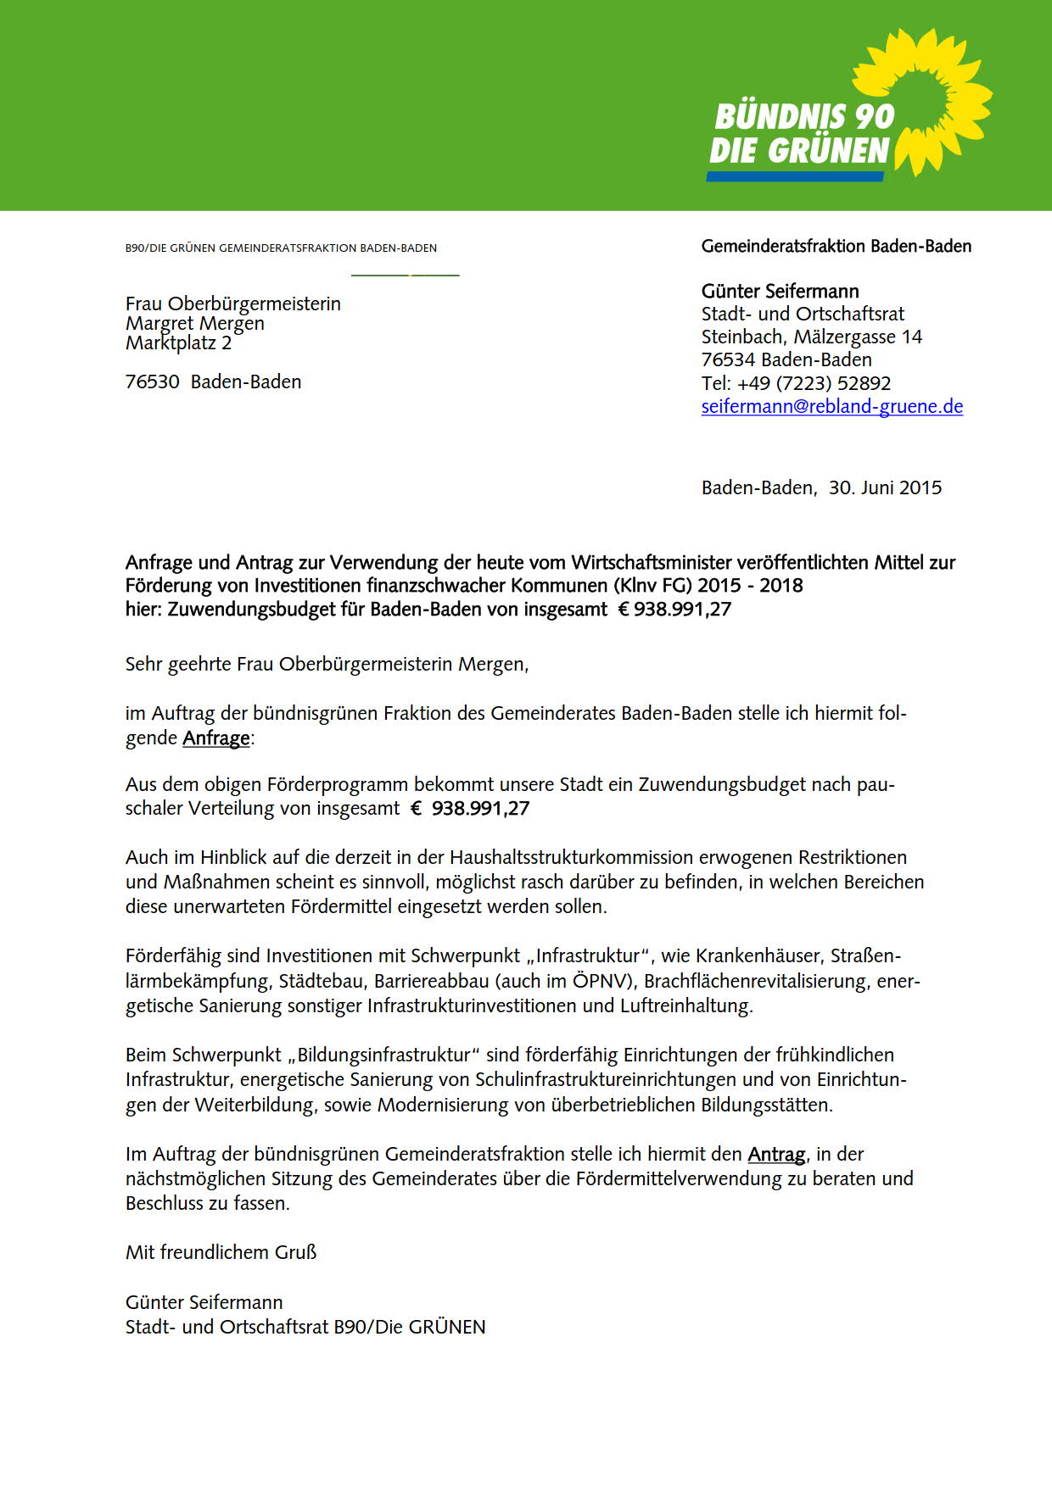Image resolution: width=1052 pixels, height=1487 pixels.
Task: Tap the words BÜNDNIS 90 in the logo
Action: click(804, 117)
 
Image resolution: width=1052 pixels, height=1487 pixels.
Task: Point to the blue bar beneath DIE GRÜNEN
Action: click(795, 176)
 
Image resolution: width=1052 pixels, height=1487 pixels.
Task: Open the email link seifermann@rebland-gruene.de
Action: click(831, 406)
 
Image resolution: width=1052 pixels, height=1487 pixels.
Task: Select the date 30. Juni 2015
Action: click(885, 487)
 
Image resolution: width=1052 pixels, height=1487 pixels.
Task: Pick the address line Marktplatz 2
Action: click(178, 343)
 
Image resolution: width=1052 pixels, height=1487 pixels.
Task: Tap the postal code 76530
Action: click(153, 381)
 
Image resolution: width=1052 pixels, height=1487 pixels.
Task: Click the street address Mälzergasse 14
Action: click(858, 337)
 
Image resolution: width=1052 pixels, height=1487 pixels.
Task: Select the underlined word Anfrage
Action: click(216, 738)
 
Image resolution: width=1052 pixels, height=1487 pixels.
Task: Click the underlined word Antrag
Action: click(775, 1154)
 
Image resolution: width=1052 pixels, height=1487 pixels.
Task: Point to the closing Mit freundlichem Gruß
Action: click(221, 1252)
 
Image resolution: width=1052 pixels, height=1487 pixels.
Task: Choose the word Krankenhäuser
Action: click(758, 955)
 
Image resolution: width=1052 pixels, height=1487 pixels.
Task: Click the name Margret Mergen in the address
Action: click(195, 323)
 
